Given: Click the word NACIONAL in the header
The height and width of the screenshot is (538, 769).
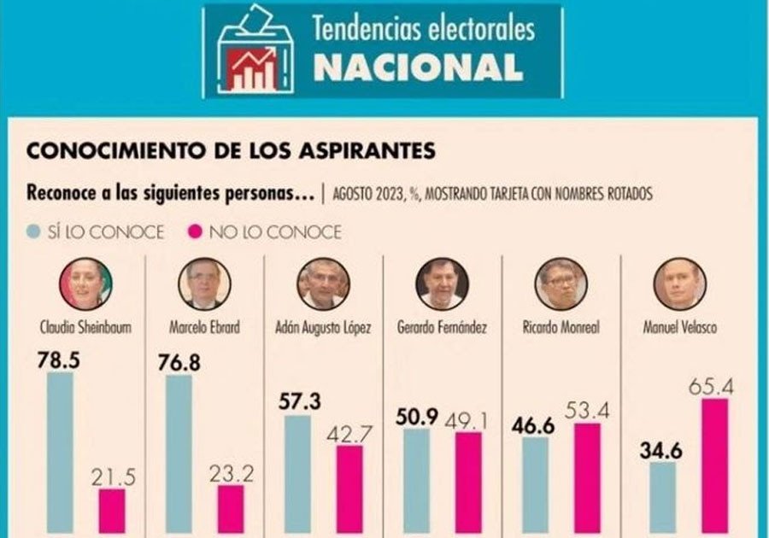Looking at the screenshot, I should coord(418,67).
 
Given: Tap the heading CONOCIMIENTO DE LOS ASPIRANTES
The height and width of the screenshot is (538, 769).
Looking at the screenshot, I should coord(232,151).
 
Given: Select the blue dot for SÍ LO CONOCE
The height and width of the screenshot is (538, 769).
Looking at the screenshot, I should coord(33,231).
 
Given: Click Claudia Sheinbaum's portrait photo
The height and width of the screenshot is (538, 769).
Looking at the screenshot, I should coord(85,284).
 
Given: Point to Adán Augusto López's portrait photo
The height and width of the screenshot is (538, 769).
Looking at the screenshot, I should coord(323,284).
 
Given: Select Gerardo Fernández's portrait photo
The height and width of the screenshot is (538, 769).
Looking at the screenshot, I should coord(442,284).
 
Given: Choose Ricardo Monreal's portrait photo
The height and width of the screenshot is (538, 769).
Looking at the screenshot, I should coord(561,284).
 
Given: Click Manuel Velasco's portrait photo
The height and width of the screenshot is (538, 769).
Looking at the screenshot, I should coord(679,284).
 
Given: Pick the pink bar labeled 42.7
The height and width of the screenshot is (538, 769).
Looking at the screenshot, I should coord(349,487).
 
